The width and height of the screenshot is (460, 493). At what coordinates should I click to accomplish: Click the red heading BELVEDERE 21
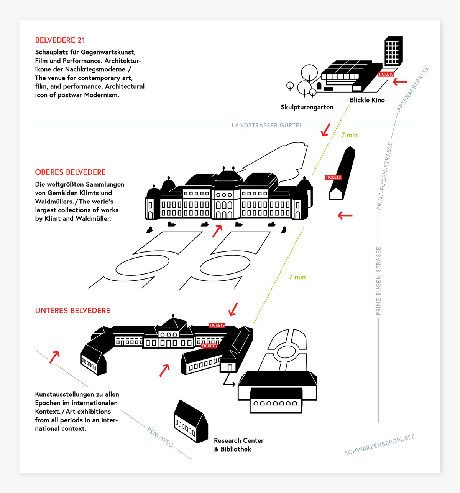(x=60, y=40)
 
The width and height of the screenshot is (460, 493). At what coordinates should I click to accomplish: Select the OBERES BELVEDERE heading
(x=70, y=172)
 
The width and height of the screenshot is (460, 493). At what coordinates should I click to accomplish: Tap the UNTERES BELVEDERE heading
(x=72, y=311)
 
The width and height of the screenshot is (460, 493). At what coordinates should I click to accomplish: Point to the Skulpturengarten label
(x=307, y=107)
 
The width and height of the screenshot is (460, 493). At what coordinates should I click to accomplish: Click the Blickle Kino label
(x=367, y=100)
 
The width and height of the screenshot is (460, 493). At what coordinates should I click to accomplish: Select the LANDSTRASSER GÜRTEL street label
(x=267, y=126)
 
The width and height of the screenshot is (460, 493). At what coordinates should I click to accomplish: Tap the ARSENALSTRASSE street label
(x=412, y=89)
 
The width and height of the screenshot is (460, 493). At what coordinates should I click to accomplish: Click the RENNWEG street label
(x=160, y=437)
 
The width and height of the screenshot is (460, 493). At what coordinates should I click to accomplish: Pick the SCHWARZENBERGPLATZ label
(x=379, y=445)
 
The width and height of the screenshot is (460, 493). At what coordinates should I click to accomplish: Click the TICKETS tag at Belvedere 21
(x=386, y=74)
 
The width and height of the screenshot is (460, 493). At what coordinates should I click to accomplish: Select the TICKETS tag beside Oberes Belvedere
(x=333, y=177)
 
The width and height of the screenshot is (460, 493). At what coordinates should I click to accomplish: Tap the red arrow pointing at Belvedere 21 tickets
(x=400, y=81)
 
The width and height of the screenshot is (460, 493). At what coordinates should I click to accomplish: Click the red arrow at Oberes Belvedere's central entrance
(x=217, y=231)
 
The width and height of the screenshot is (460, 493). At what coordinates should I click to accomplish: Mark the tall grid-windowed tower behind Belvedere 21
(x=393, y=51)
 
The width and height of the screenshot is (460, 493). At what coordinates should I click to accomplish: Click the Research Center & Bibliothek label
(x=238, y=445)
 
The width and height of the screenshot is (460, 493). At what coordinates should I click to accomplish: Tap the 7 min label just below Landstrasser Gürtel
(x=349, y=135)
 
